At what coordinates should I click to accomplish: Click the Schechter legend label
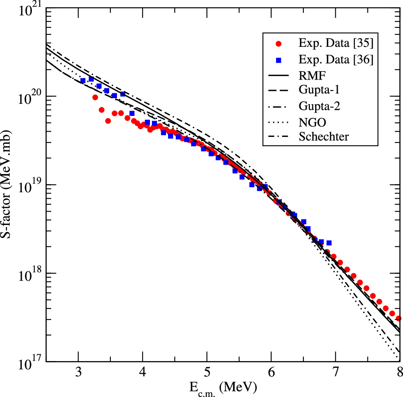point(324,137)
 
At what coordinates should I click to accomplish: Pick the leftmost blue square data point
point(83,80)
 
